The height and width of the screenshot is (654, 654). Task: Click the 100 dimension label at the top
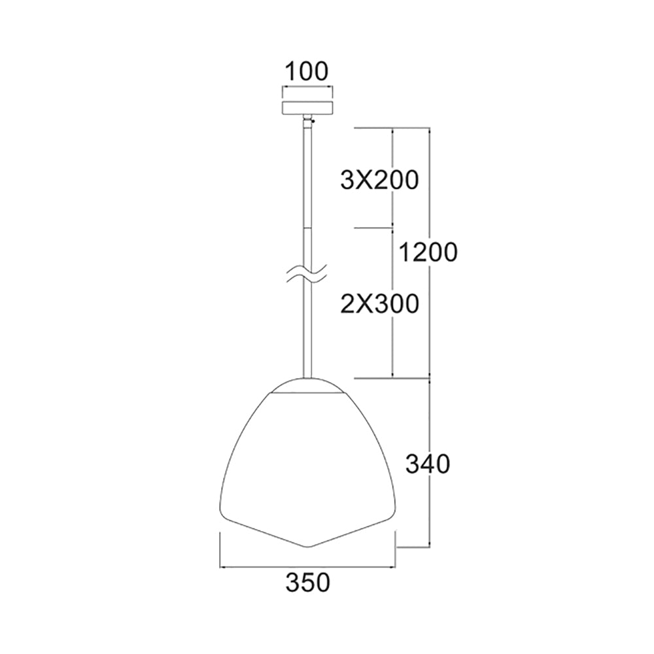pos(307,71)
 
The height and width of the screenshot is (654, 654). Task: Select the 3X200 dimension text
pos(379,181)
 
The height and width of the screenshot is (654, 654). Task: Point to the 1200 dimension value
pos(428,252)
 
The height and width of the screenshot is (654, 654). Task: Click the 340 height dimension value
pos(428,464)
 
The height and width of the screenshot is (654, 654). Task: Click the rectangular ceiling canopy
pos(308,107)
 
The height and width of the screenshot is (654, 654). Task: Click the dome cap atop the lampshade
pos(308,385)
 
